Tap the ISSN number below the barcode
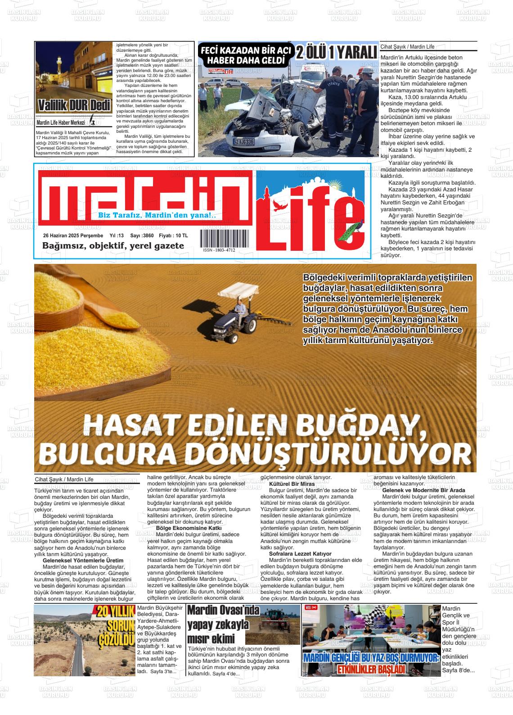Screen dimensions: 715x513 point(219,250)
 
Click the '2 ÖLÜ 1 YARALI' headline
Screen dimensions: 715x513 point(337,53)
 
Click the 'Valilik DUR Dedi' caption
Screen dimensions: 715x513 point(74,105)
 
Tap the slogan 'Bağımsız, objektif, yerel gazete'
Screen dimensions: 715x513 point(113,246)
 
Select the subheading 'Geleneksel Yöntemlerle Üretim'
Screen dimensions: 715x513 point(83,560)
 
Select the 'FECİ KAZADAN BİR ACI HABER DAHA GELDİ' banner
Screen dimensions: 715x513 point(247,55)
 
